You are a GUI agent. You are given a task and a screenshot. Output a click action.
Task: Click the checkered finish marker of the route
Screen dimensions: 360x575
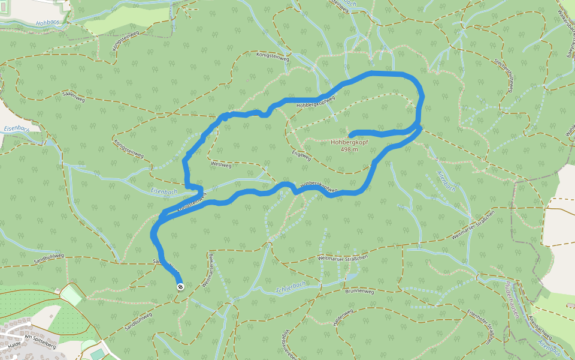[x=180, y=287]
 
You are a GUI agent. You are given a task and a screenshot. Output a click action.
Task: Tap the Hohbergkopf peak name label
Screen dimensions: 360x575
[x=349, y=143]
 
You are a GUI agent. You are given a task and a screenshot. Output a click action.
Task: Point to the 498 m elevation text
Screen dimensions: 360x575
[x=349, y=149]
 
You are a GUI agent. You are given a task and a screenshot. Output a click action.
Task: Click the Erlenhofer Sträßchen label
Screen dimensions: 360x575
[x=481, y=326]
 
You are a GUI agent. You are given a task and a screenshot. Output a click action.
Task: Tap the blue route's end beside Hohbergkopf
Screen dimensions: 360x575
[x=351, y=134]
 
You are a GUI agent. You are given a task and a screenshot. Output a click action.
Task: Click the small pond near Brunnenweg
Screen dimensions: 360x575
[x=354, y=277]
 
